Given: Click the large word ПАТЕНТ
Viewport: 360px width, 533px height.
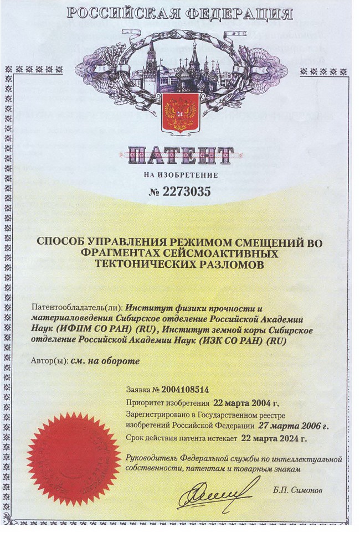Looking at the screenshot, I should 179,156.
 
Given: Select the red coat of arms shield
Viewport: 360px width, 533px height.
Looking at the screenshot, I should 179,113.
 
